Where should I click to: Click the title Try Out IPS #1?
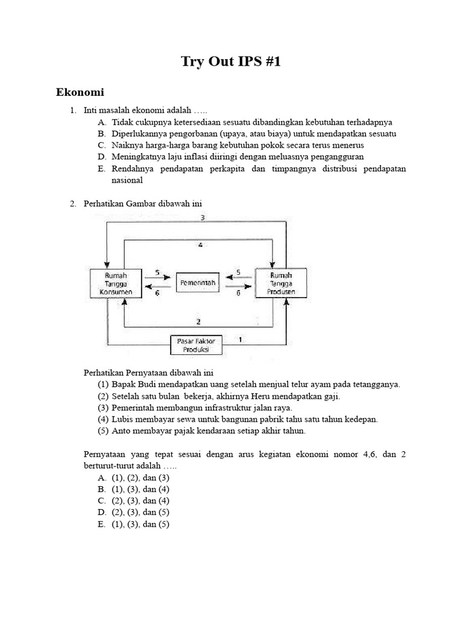coord(231,61)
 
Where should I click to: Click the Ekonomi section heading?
coord(80,92)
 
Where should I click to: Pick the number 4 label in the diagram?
coord(200,245)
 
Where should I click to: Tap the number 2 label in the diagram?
coord(198,322)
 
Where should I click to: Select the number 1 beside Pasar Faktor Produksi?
coord(241,339)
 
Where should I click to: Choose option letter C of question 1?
coord(101,145)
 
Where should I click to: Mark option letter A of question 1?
coord(101,122)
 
